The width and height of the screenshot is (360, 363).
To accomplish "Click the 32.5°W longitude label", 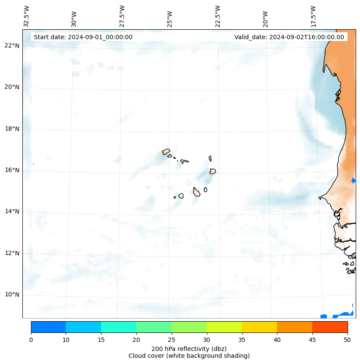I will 27,16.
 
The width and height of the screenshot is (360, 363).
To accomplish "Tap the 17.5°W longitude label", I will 313,16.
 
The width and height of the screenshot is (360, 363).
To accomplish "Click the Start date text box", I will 83,37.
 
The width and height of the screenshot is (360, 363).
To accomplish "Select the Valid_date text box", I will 289,37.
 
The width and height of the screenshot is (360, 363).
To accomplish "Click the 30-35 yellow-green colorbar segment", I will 224,327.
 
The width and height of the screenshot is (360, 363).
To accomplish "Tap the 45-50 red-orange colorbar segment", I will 330,327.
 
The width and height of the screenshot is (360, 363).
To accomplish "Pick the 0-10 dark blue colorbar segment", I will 48,327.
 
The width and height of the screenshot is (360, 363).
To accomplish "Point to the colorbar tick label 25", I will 171,340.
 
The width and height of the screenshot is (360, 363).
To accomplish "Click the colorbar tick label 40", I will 277,340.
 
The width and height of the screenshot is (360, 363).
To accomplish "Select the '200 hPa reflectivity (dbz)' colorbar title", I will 189,348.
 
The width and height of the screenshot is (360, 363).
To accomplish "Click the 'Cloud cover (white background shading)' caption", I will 189,356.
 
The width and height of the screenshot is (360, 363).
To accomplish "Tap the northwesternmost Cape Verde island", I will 166,152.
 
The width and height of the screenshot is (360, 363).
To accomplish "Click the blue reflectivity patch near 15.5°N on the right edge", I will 353,180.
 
